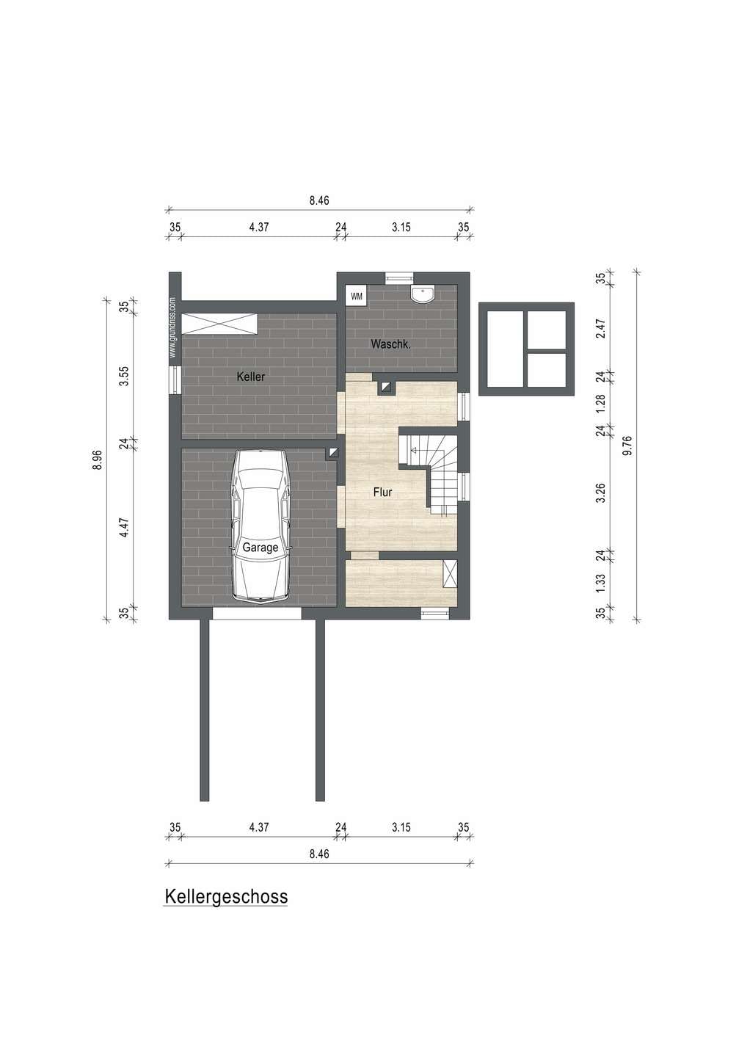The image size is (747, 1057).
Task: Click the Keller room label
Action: [250, 377]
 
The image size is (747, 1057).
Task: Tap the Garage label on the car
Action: [260, 548]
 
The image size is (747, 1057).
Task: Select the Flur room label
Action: [382, 492]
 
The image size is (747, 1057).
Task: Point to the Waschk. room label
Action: [390, 344]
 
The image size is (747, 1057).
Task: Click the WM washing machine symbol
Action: [357, 297]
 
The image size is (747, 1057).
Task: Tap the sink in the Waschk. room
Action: [423, 294]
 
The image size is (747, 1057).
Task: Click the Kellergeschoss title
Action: [226, 896]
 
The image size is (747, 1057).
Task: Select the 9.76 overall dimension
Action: [627, 446]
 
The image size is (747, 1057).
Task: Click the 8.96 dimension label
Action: [98, 460]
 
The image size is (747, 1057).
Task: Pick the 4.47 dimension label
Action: [123, 528]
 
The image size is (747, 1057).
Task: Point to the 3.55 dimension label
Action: [123, 376]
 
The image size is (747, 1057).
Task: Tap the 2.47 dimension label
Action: [600, 328]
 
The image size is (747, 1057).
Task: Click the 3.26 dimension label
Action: [600, 493]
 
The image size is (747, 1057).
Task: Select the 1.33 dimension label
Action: [600, 584]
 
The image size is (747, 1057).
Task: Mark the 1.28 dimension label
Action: [600, 404]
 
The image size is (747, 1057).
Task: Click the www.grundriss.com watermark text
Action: [172, 327]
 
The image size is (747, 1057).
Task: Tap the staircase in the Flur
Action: [434, 472]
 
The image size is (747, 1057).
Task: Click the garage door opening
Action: [257, 613]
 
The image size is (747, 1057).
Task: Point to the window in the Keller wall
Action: [175, 380]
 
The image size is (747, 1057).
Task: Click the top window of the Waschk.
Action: [399, 278]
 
